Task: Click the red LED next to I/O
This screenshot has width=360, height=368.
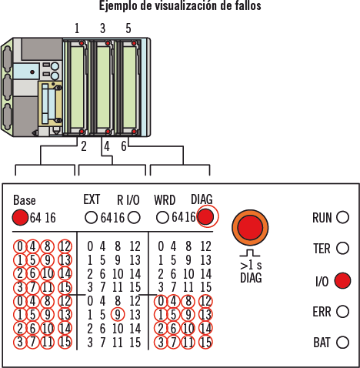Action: coord(342,280)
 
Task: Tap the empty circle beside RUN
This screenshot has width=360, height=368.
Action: coord(342,217)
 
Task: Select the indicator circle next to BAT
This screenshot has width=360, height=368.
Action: coord(342,342)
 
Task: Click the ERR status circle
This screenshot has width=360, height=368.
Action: coord(342,312)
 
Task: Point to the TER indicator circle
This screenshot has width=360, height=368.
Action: coord(342,248)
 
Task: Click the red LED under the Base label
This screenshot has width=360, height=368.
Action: coord(20,218)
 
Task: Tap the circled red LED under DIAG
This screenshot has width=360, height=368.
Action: coord(206,216)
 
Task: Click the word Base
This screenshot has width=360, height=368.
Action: coord(25,200)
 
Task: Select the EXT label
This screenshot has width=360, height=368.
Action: coord(92,199)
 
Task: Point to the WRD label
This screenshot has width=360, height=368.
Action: coord(165,200)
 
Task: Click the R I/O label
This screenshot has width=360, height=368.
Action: coord(128,200)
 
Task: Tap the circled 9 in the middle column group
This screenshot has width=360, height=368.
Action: coord(118,314)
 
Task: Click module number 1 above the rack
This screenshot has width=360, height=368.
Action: coord(77,28)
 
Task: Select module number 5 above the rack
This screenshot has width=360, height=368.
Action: coord(128,28)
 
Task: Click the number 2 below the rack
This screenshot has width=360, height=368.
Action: coord(84,146)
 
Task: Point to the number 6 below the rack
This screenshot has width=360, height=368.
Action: coord(124,146)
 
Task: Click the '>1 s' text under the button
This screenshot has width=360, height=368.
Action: coord(251,265)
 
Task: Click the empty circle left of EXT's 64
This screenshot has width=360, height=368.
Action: coord(91,218)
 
